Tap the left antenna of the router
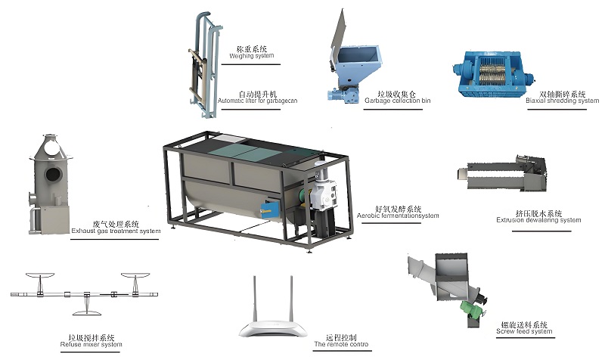253,298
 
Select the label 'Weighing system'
252,56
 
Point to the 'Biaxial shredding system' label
556,101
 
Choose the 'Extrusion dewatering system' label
538,221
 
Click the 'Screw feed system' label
524,331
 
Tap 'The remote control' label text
341,345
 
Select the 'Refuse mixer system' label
90,345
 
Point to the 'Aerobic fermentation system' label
398,216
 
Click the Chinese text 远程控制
341,337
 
